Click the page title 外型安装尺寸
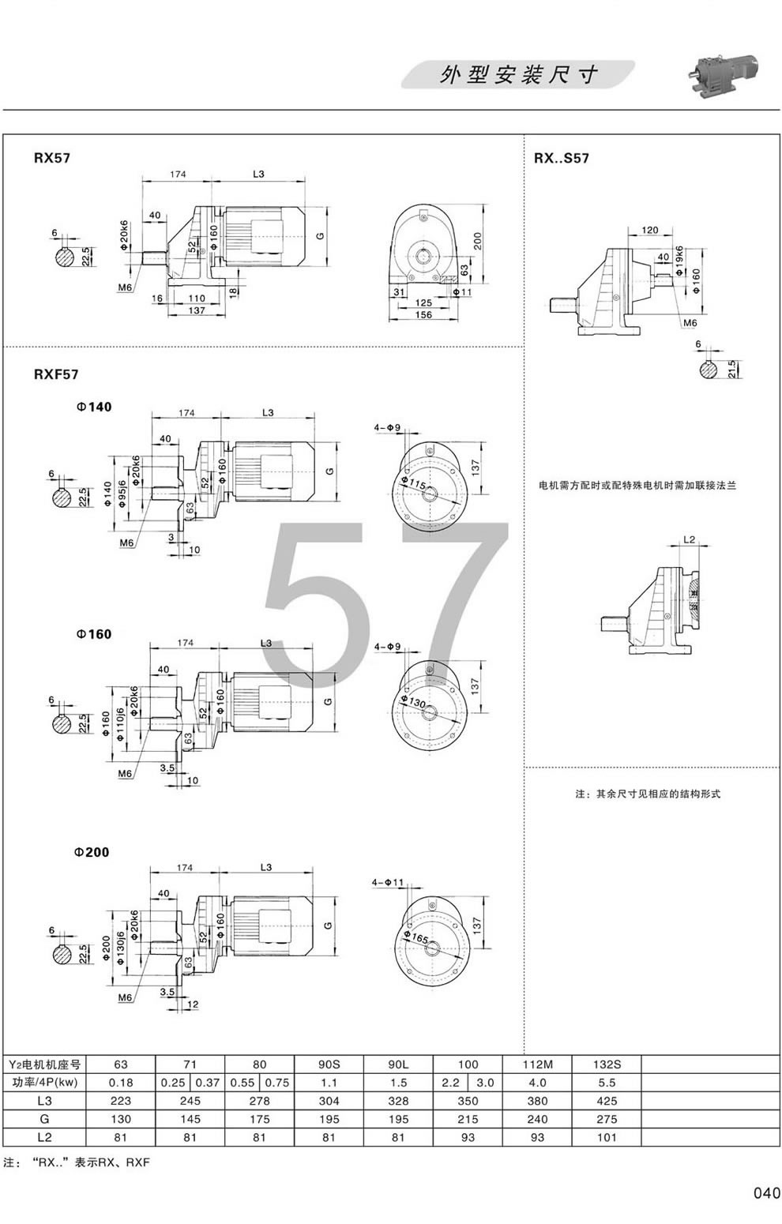coord(518,75)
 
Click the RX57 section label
coord(52,157)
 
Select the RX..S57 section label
coord(562,158)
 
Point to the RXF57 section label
coord(55,374)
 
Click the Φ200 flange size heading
coord(92,852)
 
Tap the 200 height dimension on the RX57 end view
coord(477,242)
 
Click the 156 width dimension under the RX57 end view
coord(423,314)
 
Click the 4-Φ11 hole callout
coord(387,881)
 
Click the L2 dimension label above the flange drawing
coord(688,539)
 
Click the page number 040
coord(766,1192)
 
